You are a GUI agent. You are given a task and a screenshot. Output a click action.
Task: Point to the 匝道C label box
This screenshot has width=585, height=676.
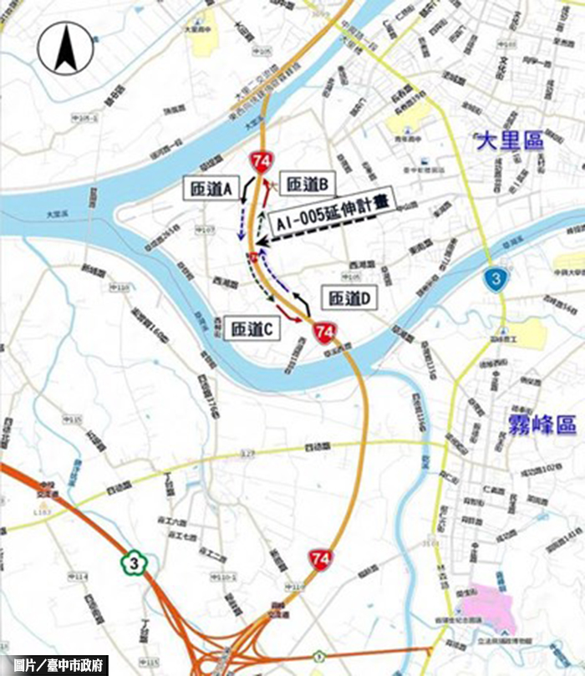[x=252, y=328]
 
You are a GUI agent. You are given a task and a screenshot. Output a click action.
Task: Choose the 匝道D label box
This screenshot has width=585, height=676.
[x=348, y=297]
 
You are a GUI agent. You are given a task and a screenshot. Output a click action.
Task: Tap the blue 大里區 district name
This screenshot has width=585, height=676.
[x=510, y=140]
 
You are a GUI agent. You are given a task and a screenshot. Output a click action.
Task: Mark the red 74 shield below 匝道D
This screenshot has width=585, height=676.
[x=324, y=333]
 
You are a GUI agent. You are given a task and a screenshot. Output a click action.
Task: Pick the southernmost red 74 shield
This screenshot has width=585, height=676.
[x=318, y=557]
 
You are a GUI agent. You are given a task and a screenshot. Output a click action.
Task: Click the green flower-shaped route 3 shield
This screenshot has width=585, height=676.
[x=131, y=560]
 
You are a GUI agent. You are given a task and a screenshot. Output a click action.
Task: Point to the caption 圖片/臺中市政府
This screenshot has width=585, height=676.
[x=56, y=665]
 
